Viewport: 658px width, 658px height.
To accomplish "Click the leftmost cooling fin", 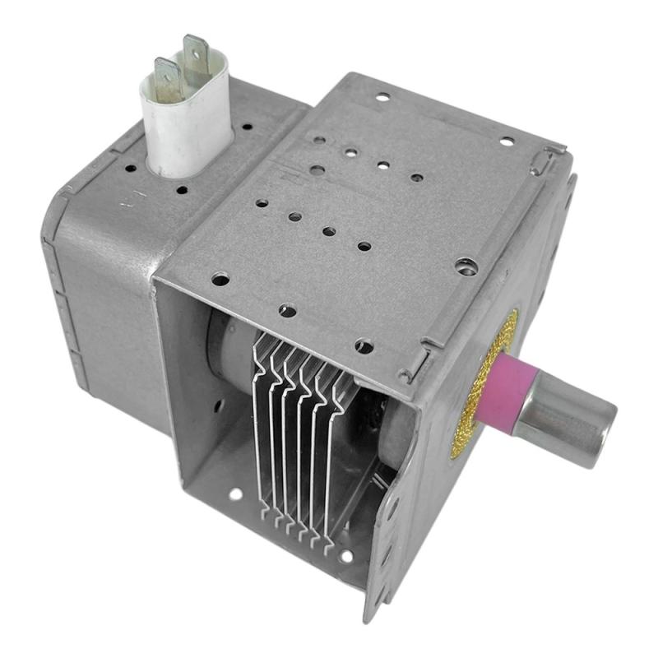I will [x=262, y=428].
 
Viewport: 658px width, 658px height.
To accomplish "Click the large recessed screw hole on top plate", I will [x=466, y=265].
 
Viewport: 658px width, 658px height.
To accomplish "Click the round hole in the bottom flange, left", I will [x=236, y=494].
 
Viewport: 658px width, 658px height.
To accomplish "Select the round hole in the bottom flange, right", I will [x=346, y=556].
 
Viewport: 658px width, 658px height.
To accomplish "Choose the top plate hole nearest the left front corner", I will [x=220, y=280].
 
